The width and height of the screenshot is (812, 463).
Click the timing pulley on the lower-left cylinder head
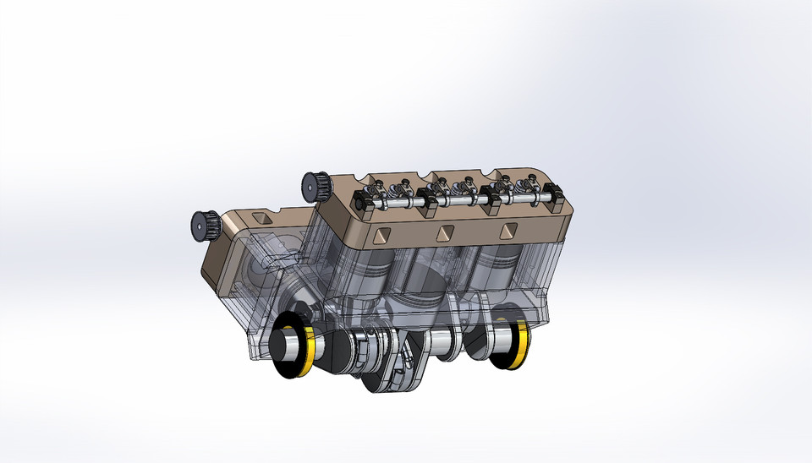tap(202, 223)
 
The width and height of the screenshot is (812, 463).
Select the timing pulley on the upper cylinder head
tap(315, 185)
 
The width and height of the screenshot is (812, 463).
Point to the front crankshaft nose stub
tap(286, 346)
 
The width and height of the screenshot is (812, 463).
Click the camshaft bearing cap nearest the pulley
tap(364, 200)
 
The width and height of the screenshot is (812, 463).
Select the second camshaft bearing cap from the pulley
tap(429, 199)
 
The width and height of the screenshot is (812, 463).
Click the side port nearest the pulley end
tap(376, 234)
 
